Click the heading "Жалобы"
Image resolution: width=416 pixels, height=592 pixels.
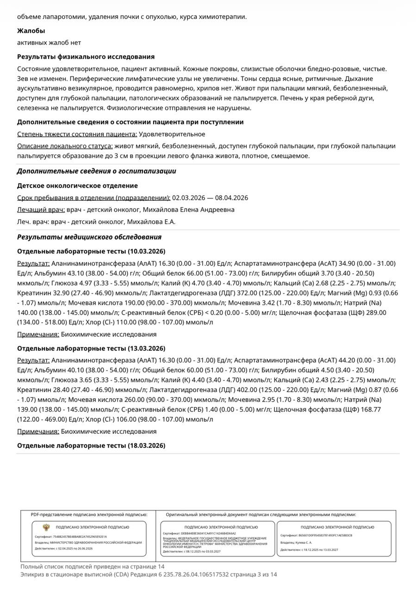(31, 31)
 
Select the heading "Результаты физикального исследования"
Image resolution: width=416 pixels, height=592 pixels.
(86, 57)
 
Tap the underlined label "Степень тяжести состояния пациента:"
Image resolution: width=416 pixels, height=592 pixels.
(77, 134)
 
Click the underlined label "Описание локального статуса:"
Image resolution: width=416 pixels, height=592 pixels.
(65, 146)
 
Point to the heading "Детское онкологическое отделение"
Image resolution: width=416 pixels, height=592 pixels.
(77, 186)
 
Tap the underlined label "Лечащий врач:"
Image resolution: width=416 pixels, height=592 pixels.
(41, 210)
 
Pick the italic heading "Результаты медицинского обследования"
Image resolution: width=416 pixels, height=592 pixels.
(89, 237)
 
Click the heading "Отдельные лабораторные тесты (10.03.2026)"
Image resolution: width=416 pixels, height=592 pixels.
(91, 252)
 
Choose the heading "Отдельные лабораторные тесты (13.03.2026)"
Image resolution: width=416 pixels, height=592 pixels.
(91, 349)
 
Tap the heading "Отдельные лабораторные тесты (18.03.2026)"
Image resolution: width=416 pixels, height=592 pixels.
(91, 446)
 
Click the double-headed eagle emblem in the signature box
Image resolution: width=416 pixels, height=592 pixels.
(46, 527)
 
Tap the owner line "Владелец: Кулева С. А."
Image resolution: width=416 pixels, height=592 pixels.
(296, 543)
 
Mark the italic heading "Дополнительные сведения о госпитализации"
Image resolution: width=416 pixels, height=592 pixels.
(96, 171)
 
